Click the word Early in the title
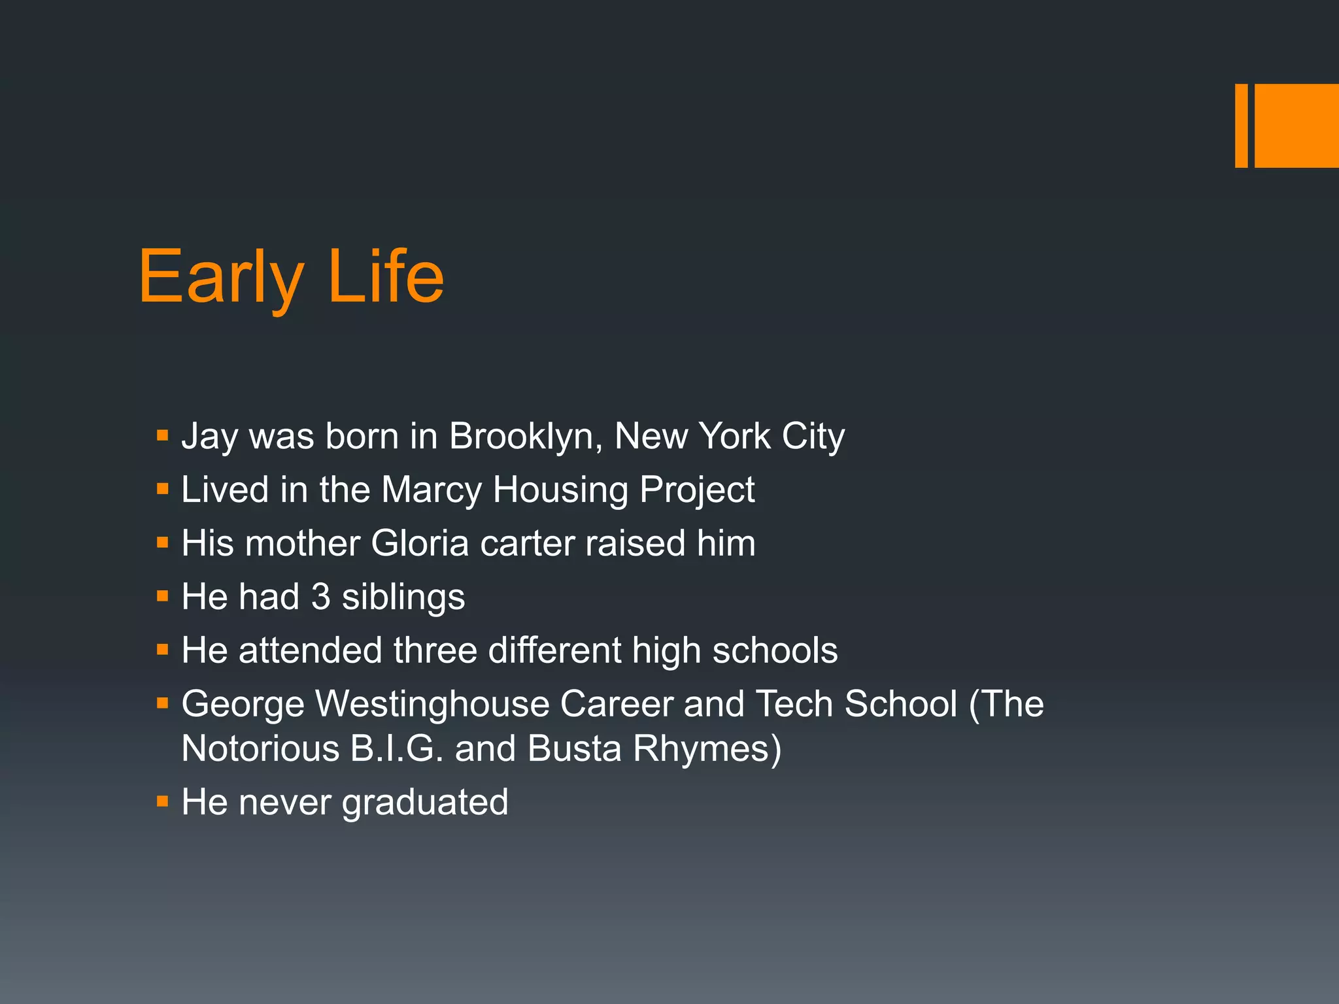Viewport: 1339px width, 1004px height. (221, 277)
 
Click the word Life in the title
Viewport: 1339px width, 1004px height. (386, 277)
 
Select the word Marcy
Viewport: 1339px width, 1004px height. (432, 490)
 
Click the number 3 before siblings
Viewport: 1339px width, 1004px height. (320, 597)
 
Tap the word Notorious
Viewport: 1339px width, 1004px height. (260, 748)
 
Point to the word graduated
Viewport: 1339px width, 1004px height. (425, 803)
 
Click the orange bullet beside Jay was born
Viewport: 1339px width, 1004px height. (163, 435)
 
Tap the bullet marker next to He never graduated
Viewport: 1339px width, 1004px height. (163, 801)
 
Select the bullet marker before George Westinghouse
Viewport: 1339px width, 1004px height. (163, 703)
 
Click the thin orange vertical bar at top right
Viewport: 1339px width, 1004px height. (1241, 125)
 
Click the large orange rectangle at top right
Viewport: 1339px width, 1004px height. (1297, 125)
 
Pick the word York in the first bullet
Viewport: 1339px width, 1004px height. (735, 436)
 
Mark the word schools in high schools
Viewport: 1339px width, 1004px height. (775, 651)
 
